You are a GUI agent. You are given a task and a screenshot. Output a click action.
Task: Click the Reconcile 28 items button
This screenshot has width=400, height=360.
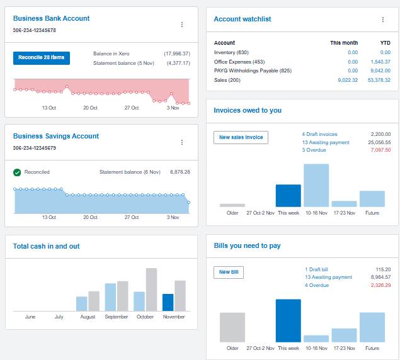click(42, 58)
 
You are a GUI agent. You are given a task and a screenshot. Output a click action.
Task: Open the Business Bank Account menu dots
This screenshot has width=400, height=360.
click(182, 25)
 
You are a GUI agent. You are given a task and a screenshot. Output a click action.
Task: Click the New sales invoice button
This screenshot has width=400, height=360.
click(241, 137)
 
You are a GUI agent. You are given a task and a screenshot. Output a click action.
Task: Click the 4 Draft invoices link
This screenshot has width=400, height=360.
click(319, 134)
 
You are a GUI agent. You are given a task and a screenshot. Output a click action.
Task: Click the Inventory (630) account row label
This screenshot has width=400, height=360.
click(231, 52)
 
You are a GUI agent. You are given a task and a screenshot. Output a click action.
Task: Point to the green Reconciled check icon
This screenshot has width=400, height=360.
click(18, 172)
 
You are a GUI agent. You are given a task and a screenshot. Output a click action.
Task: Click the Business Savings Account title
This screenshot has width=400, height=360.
click(56, 136)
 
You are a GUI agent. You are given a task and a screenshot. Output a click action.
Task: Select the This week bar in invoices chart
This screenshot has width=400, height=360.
click(289, 196)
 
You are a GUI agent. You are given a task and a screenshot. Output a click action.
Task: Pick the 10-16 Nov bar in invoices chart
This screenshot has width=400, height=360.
click(316, 186)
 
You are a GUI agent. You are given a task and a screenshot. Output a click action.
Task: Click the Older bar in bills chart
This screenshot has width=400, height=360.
click(232, 327)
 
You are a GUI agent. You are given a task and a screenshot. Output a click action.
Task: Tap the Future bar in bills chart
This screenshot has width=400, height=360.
click(372, 327)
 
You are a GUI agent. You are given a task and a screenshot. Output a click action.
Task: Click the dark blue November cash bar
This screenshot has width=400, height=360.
click(168, 302)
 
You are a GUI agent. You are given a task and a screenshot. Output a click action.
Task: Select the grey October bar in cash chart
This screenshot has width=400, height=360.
click(151, 290)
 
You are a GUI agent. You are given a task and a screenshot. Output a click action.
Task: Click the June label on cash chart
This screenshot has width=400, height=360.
click(30, 317)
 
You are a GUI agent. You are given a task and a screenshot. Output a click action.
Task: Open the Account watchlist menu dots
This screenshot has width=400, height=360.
click(382, 20)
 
